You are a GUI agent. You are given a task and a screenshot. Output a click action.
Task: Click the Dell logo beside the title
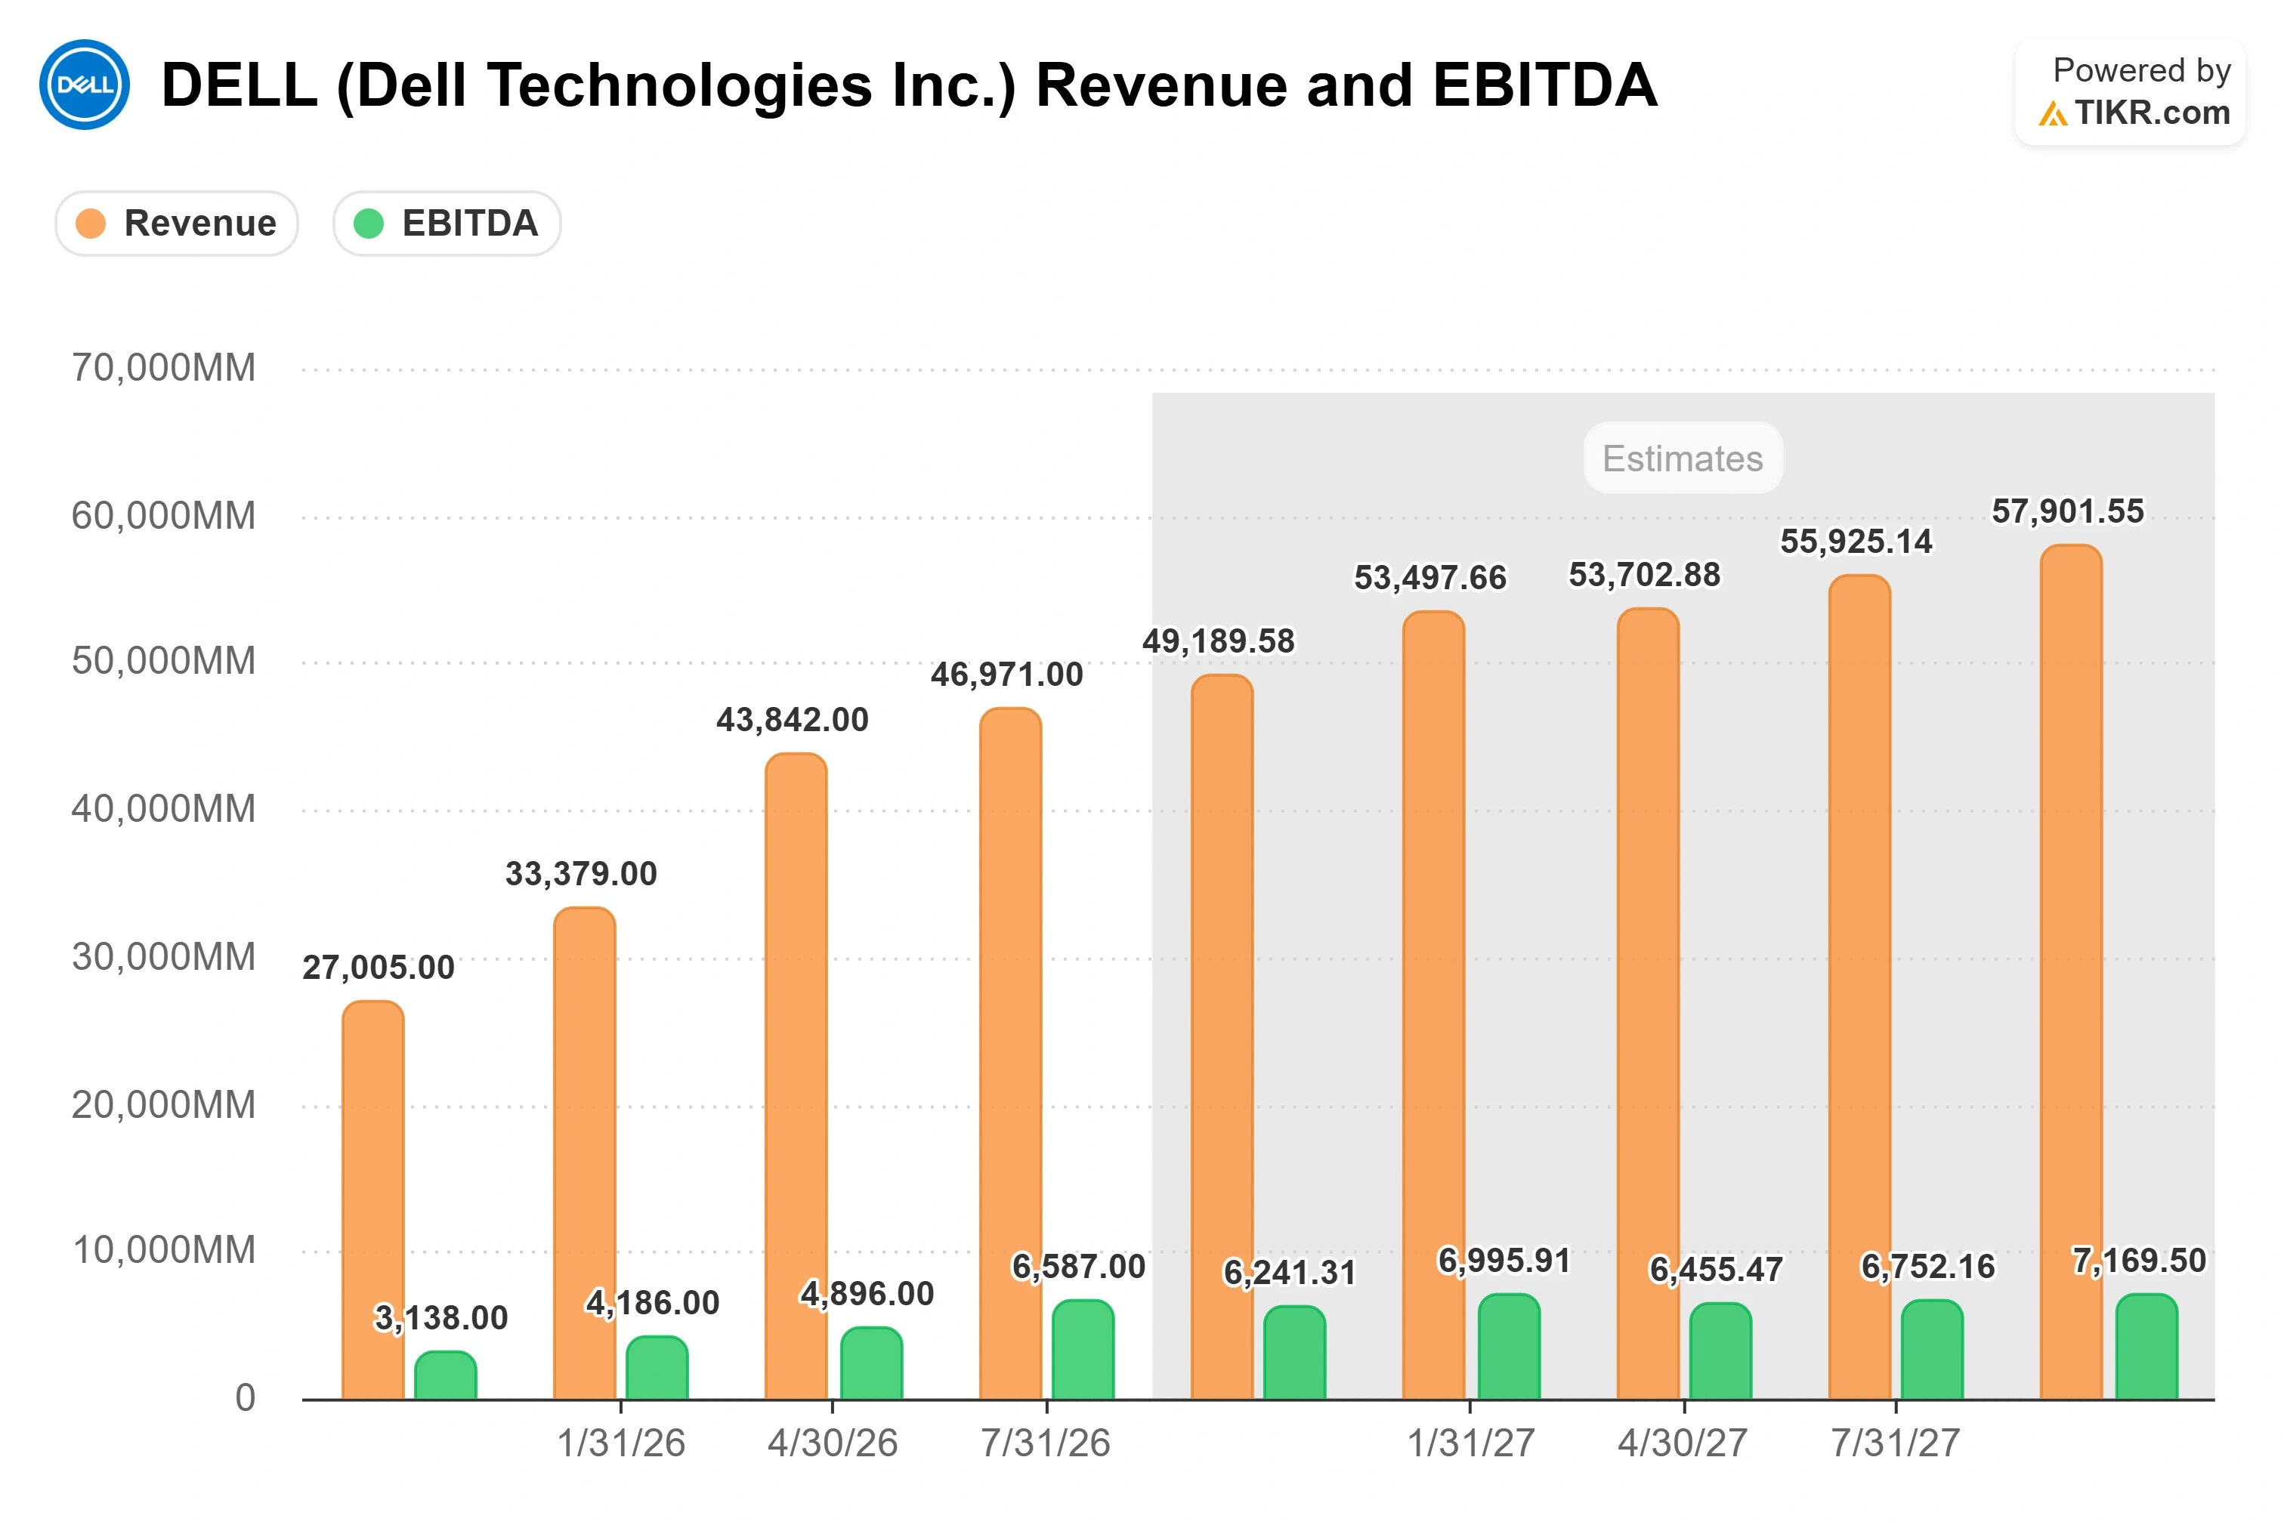(x=85, y=85)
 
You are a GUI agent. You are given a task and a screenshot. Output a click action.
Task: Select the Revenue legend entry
(x=177, y=224)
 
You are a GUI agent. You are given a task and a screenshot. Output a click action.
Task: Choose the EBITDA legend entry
(x=447, y=224)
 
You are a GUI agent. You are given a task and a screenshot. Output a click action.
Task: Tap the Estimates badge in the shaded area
(x=1682, y=458)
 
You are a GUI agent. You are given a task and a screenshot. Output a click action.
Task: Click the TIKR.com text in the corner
(x=2152, y=113)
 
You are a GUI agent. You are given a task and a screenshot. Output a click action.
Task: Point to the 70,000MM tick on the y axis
(x=163, y=368)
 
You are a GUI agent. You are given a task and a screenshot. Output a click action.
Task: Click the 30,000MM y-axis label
(x=163, y=957)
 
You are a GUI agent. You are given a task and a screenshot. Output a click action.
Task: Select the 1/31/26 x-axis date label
(x=620, y=1443)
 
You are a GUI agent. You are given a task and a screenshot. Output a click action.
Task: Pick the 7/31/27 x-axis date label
(x=1895, y=1443)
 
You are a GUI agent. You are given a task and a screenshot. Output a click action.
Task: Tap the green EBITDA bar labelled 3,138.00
(x=446, y=1375)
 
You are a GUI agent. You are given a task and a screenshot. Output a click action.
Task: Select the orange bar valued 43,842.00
(x=796, y=1076)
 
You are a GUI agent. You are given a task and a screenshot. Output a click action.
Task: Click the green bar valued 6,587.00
(x=1083, y=1351)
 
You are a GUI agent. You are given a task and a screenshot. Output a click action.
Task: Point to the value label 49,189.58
(x=1218, y=641)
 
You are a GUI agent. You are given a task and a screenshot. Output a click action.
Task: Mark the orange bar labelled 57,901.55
(x=2072, y=973)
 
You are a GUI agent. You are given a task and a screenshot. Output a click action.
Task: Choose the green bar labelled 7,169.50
(x=2147, y=1348)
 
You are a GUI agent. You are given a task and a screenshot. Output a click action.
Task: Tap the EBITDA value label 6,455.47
(x=1716, y=1270)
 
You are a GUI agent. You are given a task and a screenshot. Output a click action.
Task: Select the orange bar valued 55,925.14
(x=1860, y=987)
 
